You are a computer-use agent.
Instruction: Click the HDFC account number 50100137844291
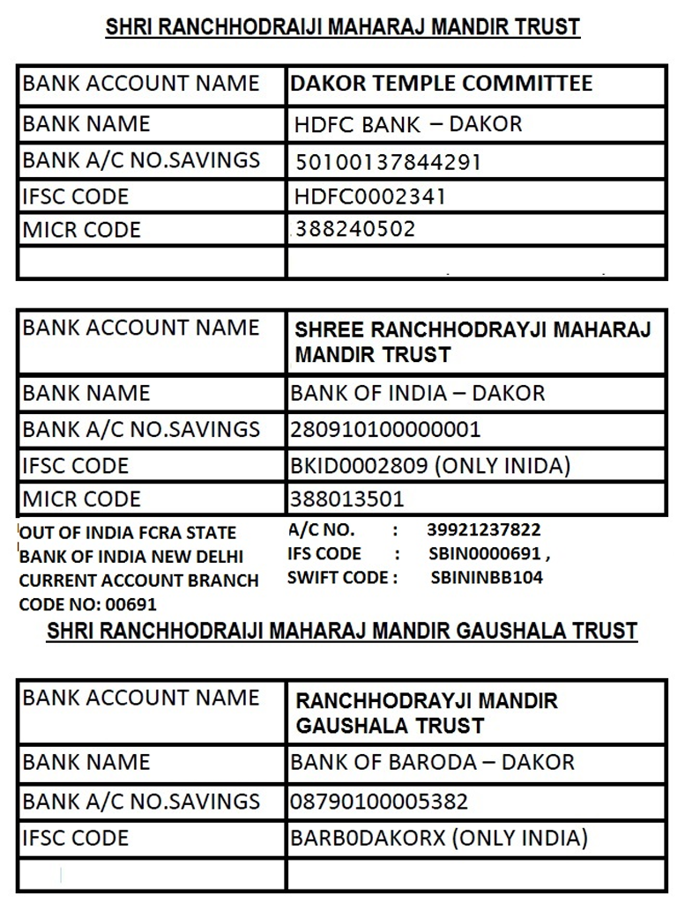388,162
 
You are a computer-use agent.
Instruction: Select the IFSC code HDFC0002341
370,196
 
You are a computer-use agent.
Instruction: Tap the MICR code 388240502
355,230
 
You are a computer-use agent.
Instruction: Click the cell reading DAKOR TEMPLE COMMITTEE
441,85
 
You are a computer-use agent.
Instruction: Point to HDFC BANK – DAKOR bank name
408,125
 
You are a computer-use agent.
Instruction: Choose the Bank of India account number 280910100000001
386,430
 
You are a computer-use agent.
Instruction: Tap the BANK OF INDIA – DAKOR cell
418,393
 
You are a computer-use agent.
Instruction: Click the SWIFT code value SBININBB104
487,578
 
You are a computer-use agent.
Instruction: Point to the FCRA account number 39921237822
483,529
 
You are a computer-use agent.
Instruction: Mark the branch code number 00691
130,605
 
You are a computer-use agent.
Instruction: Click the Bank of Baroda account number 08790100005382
379,802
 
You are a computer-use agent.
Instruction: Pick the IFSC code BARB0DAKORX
368,838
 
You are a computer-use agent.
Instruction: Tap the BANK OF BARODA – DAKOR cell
432,762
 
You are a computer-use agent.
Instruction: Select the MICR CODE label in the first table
81,230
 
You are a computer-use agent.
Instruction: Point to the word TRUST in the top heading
541,27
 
